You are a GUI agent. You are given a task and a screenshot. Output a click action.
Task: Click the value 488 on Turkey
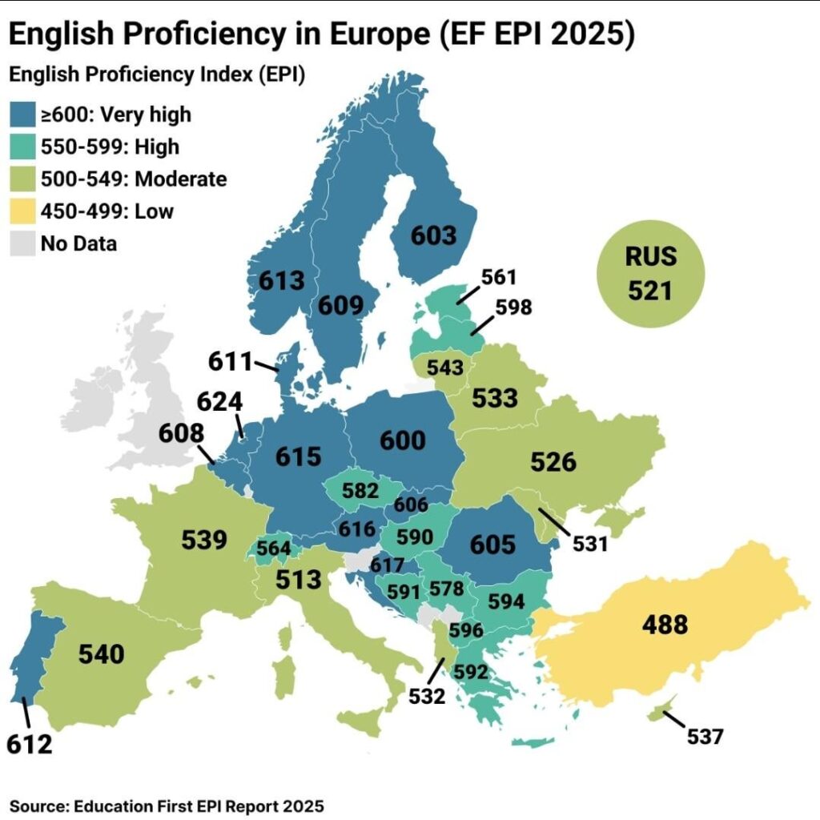click(x=665, y=624)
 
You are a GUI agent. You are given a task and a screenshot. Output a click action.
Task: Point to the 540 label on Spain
click(x=102, y=653)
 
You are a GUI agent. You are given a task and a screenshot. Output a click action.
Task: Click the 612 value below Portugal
click(x=30, y=744)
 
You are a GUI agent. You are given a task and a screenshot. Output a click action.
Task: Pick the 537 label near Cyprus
click(x=705, y=736)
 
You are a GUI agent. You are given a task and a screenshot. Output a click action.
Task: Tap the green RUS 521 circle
click(x=650, y=274)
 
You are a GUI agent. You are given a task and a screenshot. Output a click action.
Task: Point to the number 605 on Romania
click(x=492, y=544)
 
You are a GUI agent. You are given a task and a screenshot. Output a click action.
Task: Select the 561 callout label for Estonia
click(x=500, y=277)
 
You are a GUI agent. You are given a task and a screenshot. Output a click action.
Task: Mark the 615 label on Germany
click(x=298, y=456)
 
